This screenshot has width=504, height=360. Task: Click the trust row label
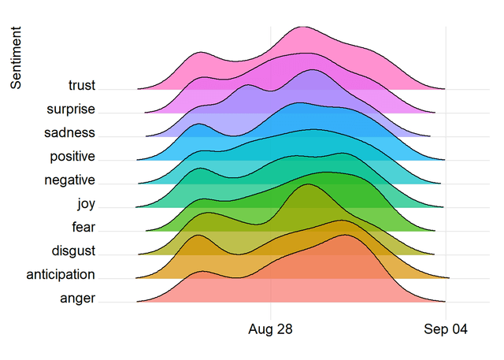tap(82, 85)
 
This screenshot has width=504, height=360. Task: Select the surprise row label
tap(71, 109)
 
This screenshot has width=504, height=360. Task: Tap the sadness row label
tap(69, 132)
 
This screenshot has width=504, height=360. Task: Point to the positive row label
tap(72, 157)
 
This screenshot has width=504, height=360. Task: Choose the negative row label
tap(69, 180)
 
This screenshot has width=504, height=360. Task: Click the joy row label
tap(86, 204)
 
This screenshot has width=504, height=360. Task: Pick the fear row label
tap(83, 227)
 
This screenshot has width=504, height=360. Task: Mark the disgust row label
tap(73, 251)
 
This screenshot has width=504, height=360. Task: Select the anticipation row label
tap(61, 275)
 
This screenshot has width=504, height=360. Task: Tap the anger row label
tap(77, 299)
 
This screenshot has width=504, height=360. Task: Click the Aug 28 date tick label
tap(270, 329)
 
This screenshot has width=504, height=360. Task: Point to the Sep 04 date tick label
tap(446, 329)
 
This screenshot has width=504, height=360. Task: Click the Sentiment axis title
tap(16, 58)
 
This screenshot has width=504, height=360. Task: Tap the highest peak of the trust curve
tap(303, 27)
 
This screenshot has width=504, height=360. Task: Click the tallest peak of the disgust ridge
tap(308, 184)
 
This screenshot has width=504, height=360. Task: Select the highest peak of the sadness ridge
tap(312, 70)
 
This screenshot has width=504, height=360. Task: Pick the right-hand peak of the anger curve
tap(345, 235)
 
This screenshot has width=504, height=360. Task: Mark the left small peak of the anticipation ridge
tap(198, 235)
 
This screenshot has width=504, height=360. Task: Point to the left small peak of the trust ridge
tap(201, 52)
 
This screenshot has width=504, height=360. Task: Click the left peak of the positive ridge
tap(198, 124)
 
